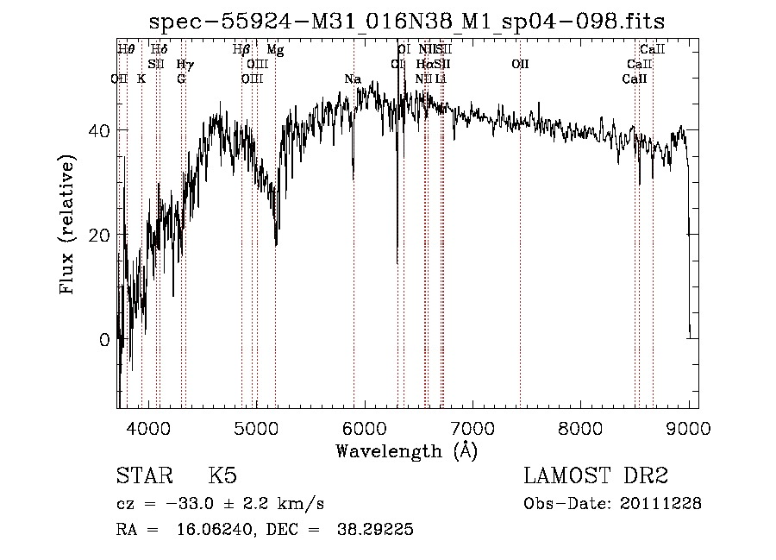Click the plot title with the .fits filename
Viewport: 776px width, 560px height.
pyautogui.click(x=407, y=21)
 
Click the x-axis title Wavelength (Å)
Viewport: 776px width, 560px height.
pyautogui.click(x=406, y=450)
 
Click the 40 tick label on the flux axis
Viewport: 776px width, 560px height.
pyautogui.click(x=97, y=130)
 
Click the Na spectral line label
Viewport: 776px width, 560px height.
pyautogui.click(x=352, y=79)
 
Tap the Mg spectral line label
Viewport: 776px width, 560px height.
pyautogui.click(x=275, y=50)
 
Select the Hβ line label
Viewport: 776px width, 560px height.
pyautogui.click(x=242, y=50)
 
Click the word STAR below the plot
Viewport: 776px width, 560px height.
pyautogui.click(x=142, y=477)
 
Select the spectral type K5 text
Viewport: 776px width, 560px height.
pyautogui.click(x=222, y=477)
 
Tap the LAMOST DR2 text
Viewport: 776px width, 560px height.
pyautogui.click(x=596, y=477)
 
